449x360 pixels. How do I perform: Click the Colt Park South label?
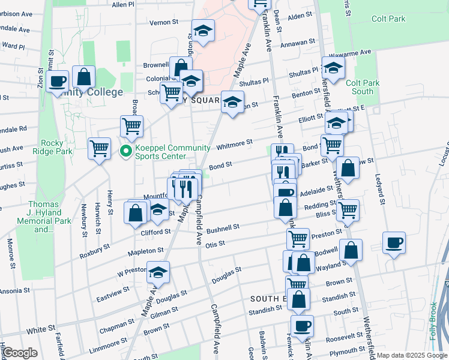tap(360, 87)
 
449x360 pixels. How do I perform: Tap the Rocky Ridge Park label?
tap(56, 148)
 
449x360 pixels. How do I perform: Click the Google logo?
tap(20, 353)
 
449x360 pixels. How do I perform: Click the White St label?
tap(41, 329)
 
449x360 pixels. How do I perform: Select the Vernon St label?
tap(164, 22)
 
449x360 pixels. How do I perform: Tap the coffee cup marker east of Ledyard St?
tap(394, 243)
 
